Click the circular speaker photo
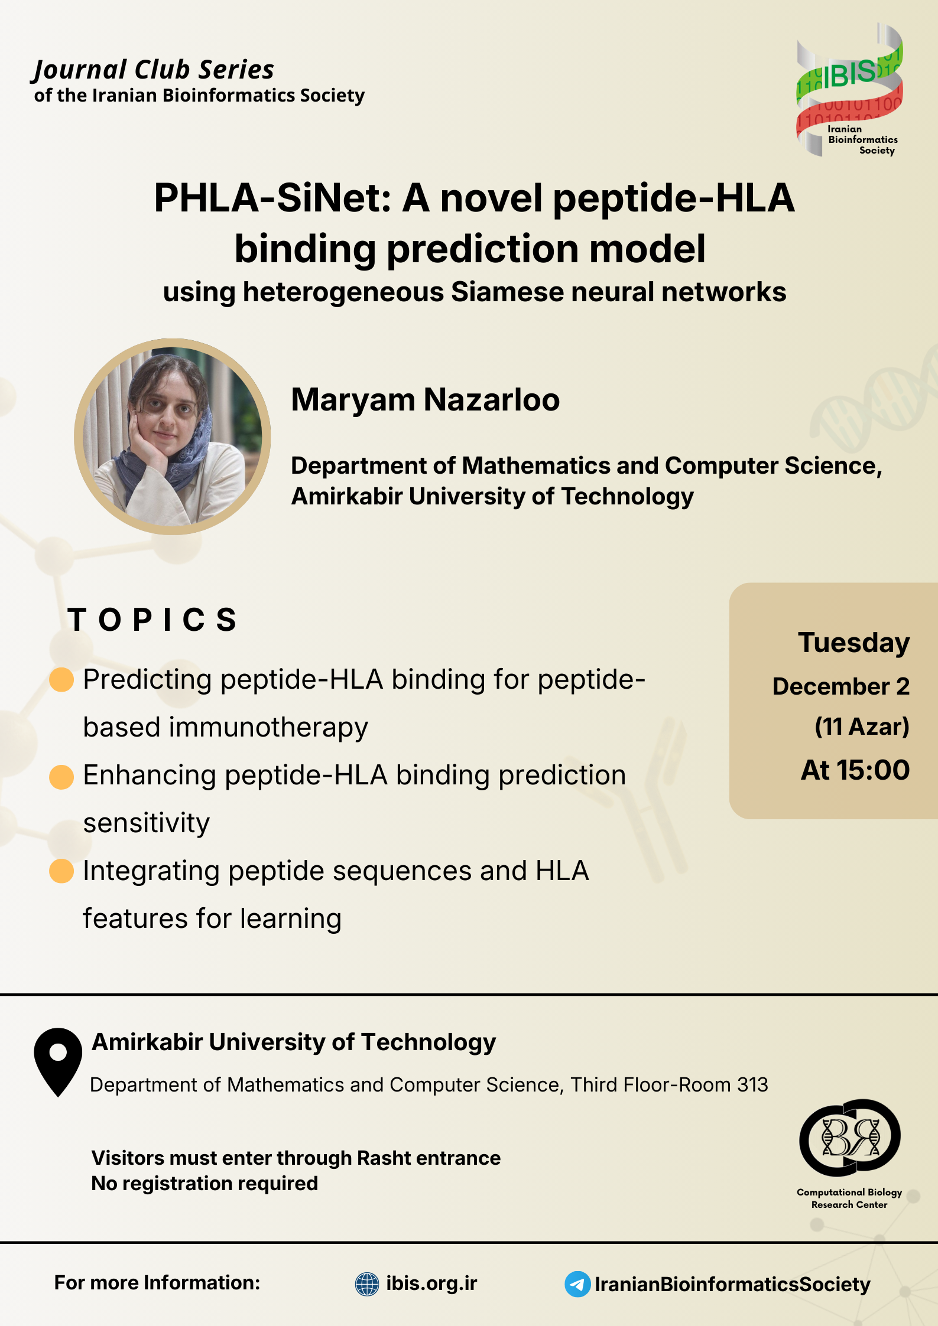pyautogui.click(x=172, y=436)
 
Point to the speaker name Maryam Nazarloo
pyautogui.click(x=426, y=400)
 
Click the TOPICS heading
pyautogui.click(x=152, y=620)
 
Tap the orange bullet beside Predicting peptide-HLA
pyautogui.click(x=61, y=679)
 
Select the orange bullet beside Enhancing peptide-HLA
pyautogui.click(x=61, y=776)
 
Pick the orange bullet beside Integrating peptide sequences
pyautogui.click(x=61, y=871)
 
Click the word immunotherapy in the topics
pyautogui.click(x=268, y=728)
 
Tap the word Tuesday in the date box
pyautogui.click(x=854, y=643)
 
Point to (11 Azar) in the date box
pyautogui.click(x=862, y=726)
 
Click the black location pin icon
pyautogui.click(x=58, y=1062)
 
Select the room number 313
pyautogui.click(x=752, y=1084)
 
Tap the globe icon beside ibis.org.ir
pyautogui.click(x=367, y=1284)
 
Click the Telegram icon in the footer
pyautogui.click(x=577, y=1284)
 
